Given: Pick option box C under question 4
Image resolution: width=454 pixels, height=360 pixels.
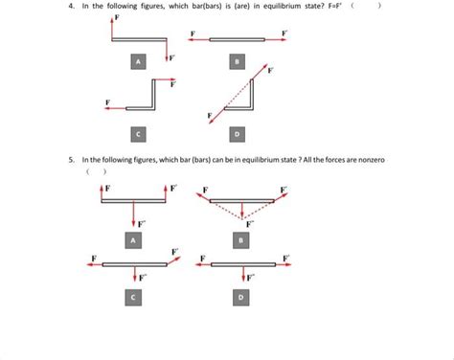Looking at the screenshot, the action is pyautogui.click(x=141, y=131).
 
